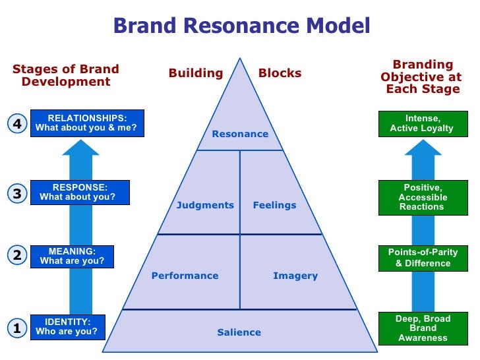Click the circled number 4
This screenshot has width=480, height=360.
[x=17, y=124]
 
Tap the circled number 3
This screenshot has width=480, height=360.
[x=17, y=193]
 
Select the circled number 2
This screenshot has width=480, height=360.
[x=17, y=255]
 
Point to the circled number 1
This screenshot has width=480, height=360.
[x=17, y=328]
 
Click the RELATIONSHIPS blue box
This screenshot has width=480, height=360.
[x=87, y=123]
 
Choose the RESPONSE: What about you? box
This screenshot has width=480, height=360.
[x=80, y=193]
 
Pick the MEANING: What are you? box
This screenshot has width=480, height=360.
[x=72, y=256]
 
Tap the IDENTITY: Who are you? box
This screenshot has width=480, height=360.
[x=68, y=327]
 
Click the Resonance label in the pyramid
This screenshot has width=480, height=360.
[x=240, y=134]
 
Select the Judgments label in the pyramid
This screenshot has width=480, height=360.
[x=205, y=205]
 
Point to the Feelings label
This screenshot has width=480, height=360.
[x=274, y=205]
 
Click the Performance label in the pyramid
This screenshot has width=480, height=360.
[x=185, y=276]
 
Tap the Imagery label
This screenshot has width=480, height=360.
[x=295, y=276]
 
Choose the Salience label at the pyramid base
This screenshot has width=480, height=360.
[x=239, y=332]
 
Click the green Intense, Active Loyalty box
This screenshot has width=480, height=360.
[x=423, y=124]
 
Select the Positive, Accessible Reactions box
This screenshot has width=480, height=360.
[x=423, y=197]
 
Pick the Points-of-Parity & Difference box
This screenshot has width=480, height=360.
[x=423, y=258]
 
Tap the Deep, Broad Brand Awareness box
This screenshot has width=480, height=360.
[x=423, y=328]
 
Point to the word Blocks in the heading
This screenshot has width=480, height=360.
[x=280, y=73]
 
